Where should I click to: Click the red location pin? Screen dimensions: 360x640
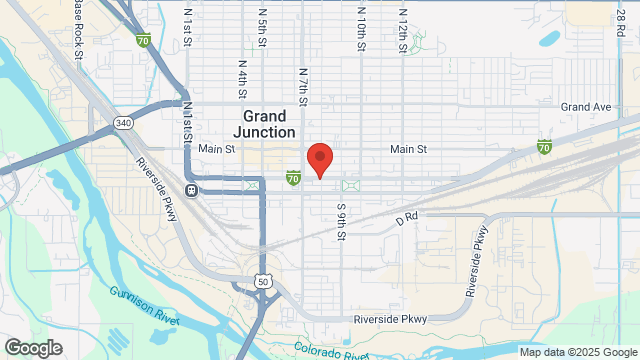point(319,159)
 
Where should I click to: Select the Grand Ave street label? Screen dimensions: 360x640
point(585,107)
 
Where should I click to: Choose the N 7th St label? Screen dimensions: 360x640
point(302,87)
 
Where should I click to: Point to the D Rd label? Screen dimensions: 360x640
point(405,216)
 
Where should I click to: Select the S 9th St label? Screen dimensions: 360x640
point(341,226)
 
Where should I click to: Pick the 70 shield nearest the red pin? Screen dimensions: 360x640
point(292,178)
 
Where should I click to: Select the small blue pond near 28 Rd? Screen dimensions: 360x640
point(549,40)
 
